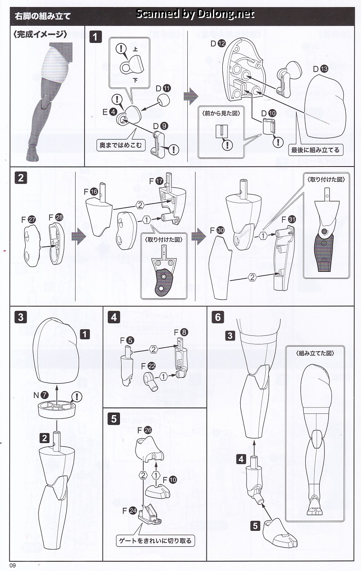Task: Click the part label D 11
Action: coord(163,89)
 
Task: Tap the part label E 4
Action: coord(110,112)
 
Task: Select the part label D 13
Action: coord(320,69)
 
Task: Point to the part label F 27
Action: coord(28,220)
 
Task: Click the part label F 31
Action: coord(289,219)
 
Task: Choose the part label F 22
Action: coord(148,366)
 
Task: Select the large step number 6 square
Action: coord(218,317)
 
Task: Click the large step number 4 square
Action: coord(114,317)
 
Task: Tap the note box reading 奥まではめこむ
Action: coord(121,145)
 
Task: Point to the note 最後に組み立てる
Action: coord(315,150)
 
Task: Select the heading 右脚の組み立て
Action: coord(43,16)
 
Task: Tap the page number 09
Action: coord(13,566)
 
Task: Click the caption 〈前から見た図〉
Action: coord(221,113)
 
